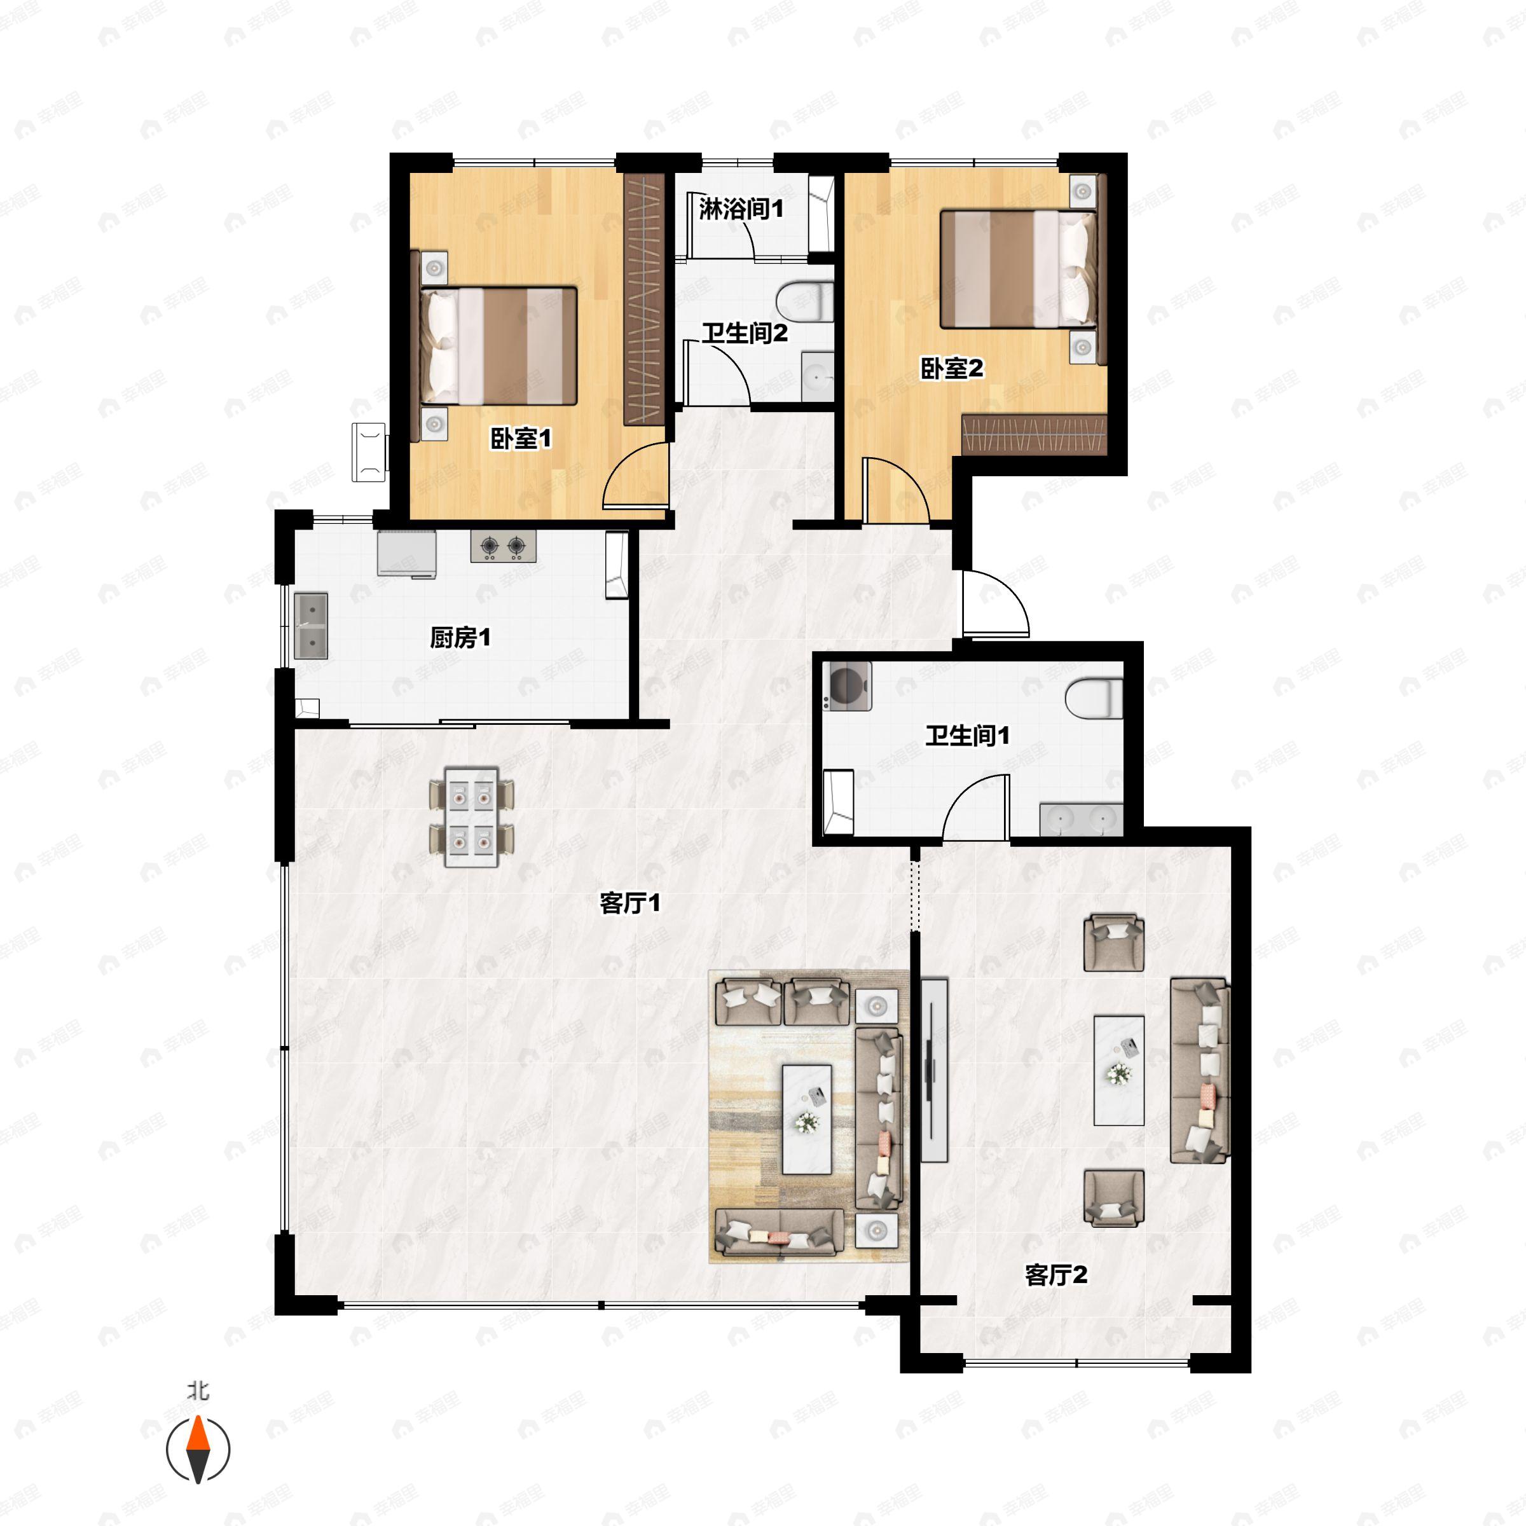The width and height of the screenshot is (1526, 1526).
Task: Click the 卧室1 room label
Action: coord(521,438)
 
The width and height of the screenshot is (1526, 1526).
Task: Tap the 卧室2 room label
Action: coord(952,368)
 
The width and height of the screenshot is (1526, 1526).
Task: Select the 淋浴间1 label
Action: coord(741,209)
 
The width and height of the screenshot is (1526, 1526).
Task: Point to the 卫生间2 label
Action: coord(745,333)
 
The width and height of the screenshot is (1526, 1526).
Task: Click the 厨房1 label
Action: coord(460,637)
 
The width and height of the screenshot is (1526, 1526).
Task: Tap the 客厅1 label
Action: coord(629,903)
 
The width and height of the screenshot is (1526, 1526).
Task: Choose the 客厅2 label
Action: coord(1056,1274)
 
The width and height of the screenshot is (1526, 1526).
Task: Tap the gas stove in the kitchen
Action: coord(503,546)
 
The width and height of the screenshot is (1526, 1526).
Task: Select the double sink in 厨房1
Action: coord(311,626)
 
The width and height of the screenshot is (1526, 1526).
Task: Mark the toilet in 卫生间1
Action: coord(1094,698)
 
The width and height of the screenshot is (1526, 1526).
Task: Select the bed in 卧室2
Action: coord(1017,268)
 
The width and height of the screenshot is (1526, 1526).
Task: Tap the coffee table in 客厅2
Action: coord(1118,1070)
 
